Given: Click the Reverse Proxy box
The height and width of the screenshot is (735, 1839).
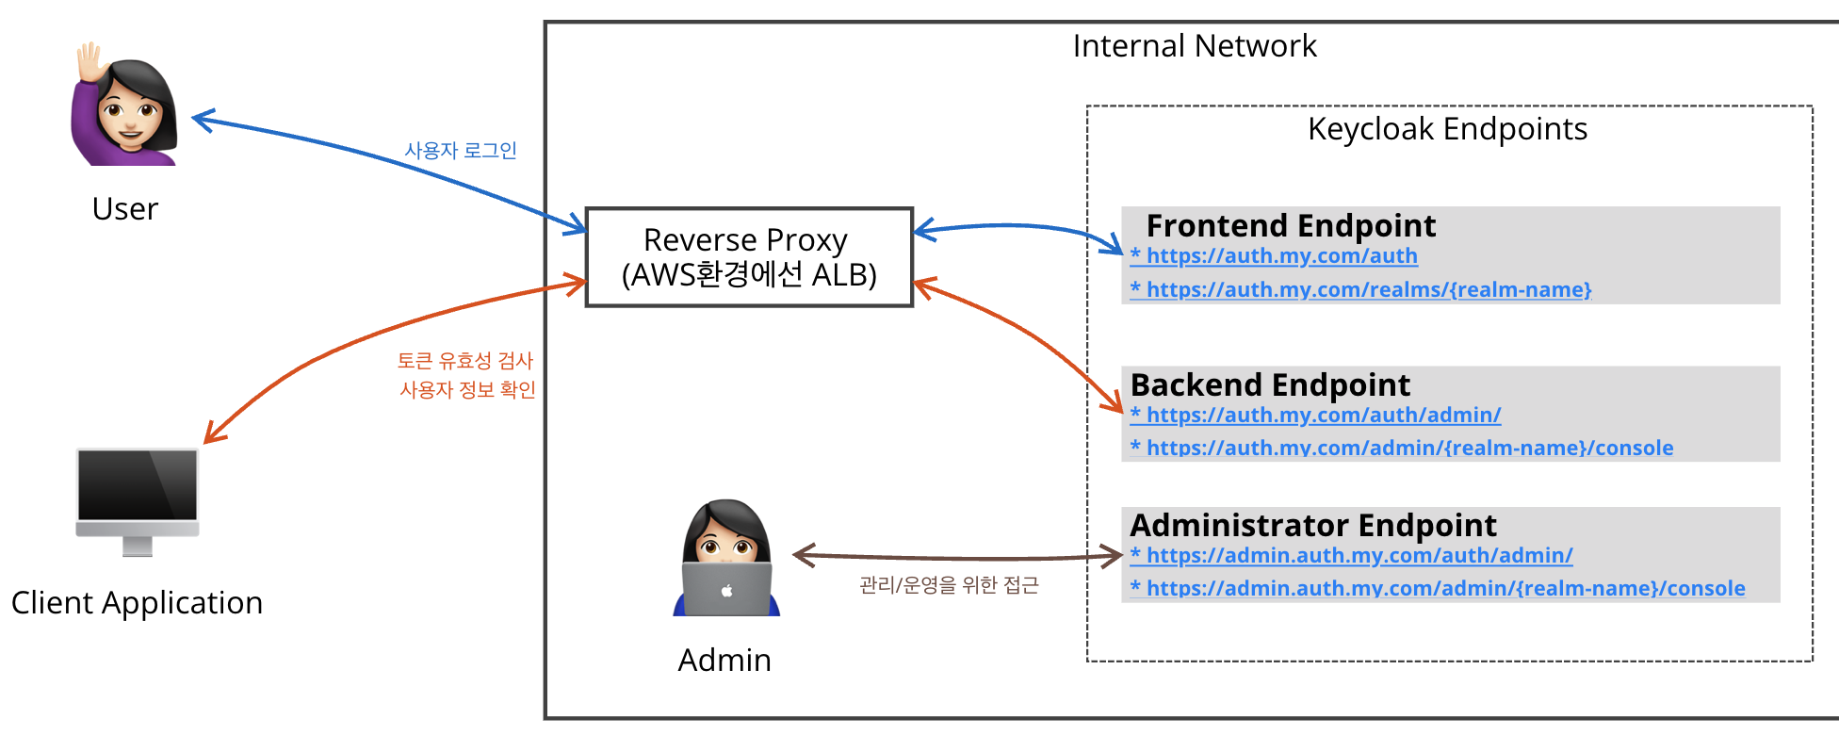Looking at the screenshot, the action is pyautogui.click(x=749, y=257).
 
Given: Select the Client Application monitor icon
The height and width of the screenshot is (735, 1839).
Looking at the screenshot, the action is pyautogui.click(x=138, y=502).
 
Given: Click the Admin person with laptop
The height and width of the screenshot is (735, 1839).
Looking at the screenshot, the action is pyautogui.click(x=726, y=558).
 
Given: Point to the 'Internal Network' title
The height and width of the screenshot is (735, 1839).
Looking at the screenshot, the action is pyautogui.click(x=1195, y=46).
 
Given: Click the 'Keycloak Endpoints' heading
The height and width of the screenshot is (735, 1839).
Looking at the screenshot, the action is pyautogui.click(x=1448, y=129).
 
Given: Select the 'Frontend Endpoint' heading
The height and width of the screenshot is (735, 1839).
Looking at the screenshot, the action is pyautogui.click(x=1291, y=226).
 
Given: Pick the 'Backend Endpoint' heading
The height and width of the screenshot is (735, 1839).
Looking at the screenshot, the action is pyautogui.click(x=1270, y=385).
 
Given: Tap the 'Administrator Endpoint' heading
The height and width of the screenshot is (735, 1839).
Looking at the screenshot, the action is pyautogui.click(x=1313, y=526).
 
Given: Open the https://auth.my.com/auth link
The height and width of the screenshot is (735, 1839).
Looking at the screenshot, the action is pyautogui.click(x=1274, y=256).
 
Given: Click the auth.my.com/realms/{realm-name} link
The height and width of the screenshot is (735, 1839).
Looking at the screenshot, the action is pyautogui.click(x=1361, y=290).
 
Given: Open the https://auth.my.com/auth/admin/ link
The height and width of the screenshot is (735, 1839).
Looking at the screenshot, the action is pyautogui.click(x=1316, y=416).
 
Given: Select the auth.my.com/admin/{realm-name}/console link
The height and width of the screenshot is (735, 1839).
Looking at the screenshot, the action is pyautogui.click(x=1402, y=449).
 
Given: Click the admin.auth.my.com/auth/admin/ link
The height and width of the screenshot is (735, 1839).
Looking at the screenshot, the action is pyautogui.click(x=1352, y=556).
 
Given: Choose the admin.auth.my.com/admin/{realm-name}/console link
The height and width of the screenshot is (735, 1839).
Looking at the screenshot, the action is pyautogui.click(x=1438, y=589).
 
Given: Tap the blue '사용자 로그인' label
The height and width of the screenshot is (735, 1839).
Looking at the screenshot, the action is pyautogui.click(x=461, y=151).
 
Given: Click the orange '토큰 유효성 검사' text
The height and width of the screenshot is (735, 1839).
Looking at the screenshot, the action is pyautogui.click(x=465, y=361).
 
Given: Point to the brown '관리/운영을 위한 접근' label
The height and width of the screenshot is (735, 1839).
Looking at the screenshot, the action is pyautogui.click(x=949, y=585).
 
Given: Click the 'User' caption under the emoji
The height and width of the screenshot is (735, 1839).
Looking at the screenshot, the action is pyautogui.click(x=125, y=209).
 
